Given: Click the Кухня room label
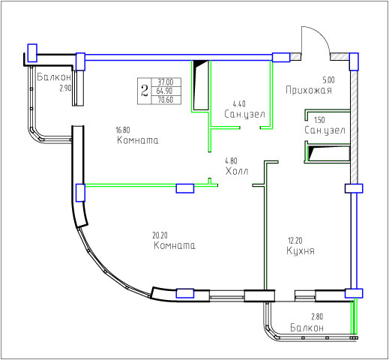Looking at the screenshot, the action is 301,250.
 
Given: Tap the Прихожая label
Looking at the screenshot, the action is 309,90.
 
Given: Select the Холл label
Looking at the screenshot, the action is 237,171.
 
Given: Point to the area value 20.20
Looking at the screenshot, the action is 160,235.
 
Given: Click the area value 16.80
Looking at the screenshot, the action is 123,130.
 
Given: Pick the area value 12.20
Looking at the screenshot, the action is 295,241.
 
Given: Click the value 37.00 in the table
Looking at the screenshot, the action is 166,82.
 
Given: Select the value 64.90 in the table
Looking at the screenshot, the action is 165,91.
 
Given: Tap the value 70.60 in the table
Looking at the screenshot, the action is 166,100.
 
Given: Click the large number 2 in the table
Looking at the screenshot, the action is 145,91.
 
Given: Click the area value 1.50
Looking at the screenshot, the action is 319,120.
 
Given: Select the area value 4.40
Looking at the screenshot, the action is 239,103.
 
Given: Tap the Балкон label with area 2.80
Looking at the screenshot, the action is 307,328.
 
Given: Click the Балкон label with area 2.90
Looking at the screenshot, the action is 54,77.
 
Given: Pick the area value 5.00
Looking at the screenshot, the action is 328,80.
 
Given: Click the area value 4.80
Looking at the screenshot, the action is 231,160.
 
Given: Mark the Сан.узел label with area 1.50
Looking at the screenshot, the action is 325,130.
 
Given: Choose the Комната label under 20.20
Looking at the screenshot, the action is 175,245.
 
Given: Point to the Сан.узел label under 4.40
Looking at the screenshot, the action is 244,114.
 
